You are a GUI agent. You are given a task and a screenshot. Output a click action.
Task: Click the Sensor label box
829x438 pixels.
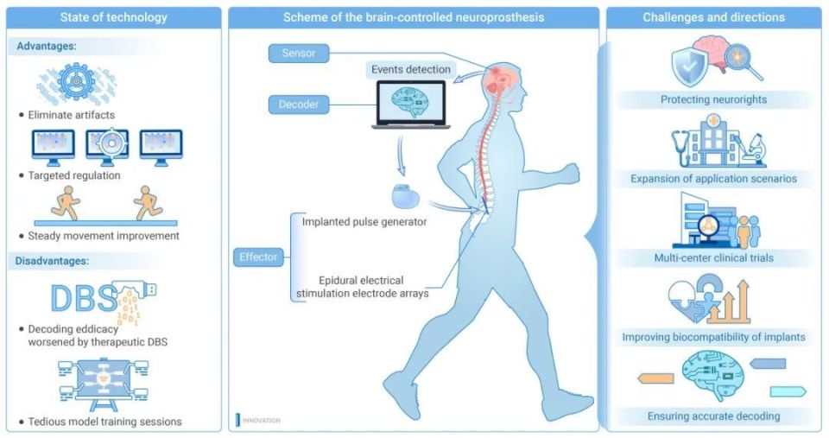point(298,54)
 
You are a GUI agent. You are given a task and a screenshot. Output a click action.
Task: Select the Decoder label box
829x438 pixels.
point(298,105)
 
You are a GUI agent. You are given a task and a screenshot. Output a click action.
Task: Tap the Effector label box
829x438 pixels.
point(258,257)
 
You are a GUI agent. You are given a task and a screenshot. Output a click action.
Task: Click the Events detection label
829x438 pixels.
point(411,69)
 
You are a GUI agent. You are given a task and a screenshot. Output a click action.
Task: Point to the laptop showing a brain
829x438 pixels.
point(411,105)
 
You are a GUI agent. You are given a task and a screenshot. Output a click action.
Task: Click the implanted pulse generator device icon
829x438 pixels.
point(406,196)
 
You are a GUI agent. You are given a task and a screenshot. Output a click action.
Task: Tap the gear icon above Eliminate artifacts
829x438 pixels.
point(77,81)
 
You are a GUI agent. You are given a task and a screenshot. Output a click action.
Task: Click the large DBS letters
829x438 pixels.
point(84,298)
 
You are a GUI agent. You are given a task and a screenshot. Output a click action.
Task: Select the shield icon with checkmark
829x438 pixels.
point(689,67)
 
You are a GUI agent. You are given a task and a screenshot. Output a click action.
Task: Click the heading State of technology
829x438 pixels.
point(114,17)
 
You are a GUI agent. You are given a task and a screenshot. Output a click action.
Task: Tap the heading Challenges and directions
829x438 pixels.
point(714,17)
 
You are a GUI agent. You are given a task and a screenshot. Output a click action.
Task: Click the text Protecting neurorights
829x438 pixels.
point(713,99)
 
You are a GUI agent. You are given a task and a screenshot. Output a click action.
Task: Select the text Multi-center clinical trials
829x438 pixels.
point(714,258)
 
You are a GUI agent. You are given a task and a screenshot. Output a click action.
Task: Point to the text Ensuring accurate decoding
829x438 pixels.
point(714,416)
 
